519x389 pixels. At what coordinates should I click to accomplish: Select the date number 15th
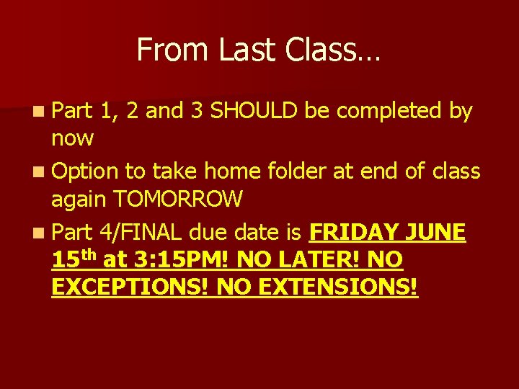point(74,258)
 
